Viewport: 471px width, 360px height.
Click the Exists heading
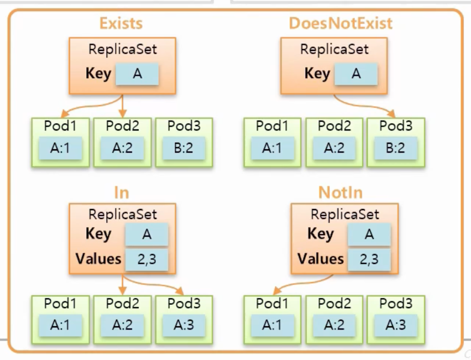pyautogui.click(x=121, y=23)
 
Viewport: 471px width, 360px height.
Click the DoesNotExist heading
pyautogui.click(x=341, y=23)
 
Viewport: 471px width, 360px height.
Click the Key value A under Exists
pyautogui.click(x=137, y=74)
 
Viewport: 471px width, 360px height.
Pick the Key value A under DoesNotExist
pyautogui.click(x=356, y=74)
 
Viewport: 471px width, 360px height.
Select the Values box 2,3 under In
pyautogui.click(x=146, y=258)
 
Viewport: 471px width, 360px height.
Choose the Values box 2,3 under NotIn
pyautogui.click(x=369, y=258)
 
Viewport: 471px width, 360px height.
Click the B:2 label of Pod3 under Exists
pyautogui.click(x=183, y=148)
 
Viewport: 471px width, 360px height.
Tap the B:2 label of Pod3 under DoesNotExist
pyautogui.click(x=395, y=148)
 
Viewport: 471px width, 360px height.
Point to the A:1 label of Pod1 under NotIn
pyautogui.click(x=271, y=325)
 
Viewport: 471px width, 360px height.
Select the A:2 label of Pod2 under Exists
pyautogui.click(x=122, y=148)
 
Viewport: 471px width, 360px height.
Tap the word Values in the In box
pyautogui.click(x=98, y=258)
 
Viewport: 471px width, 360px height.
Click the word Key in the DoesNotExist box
pyautogui.click(x=317, y=74)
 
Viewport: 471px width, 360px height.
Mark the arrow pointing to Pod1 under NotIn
pyautogui.click(x=299, y=283)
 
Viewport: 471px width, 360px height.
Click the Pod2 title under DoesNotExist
pyautogui.click(x=333, y=126)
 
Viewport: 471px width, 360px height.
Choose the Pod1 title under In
pyautogui.click(x=60, y=304)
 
